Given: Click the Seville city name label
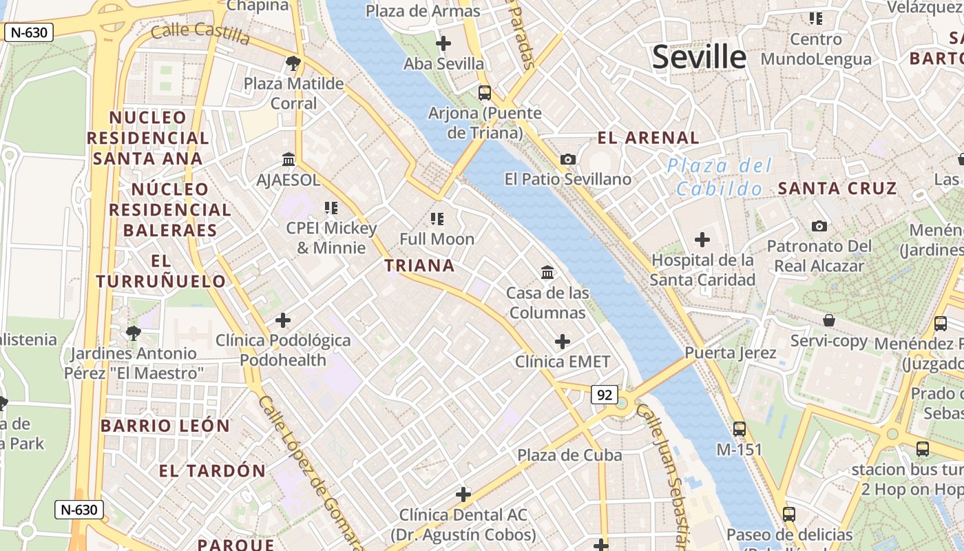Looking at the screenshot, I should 699,56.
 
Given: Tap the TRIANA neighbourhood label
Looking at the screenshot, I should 419,265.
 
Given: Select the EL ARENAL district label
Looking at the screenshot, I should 648,138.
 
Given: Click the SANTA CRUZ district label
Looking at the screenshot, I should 837,188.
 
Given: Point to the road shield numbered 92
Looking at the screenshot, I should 605,395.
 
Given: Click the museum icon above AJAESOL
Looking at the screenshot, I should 289,160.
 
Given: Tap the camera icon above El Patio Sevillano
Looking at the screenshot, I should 568,160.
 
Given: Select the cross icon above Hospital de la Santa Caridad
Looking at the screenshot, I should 702,240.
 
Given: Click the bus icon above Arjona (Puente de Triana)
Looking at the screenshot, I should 485,92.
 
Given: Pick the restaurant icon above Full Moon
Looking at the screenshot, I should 437,219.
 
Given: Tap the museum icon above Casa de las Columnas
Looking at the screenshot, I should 547,273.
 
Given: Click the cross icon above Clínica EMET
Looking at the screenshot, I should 563,342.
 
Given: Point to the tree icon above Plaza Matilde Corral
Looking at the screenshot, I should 293,64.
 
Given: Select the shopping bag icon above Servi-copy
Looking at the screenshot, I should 829,320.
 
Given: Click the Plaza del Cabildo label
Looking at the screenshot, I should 720,177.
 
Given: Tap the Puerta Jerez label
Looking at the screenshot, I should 730,353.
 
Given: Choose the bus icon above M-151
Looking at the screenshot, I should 740,429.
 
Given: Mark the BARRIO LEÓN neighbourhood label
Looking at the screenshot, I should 165,426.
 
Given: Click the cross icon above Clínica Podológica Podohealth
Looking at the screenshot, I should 283,320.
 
